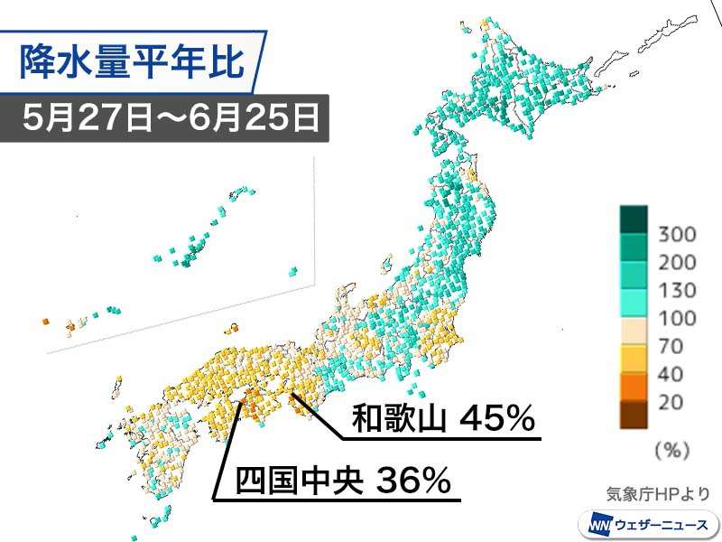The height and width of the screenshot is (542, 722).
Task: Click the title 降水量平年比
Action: [x=134, y=64]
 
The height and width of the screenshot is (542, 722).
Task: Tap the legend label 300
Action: [x=677, y=235]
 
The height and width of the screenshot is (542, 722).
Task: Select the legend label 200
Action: [x=677, y=263]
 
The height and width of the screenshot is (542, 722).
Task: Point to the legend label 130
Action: [x=677, y=291]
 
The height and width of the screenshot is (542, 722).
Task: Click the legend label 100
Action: [x=677, y=318]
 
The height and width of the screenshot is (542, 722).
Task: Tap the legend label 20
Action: [x=672, y=402]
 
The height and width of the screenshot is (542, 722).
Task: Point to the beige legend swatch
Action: [x=633, y=332]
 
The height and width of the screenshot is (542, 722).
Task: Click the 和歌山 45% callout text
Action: [x=442, y=419]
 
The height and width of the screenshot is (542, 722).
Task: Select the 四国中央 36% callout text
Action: [x=343, y=480]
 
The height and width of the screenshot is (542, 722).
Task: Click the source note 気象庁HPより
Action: [x=658, y=493]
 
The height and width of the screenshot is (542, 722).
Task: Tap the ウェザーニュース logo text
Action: [x=662, y=524]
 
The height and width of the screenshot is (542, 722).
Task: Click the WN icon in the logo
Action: [x=598, y=524]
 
